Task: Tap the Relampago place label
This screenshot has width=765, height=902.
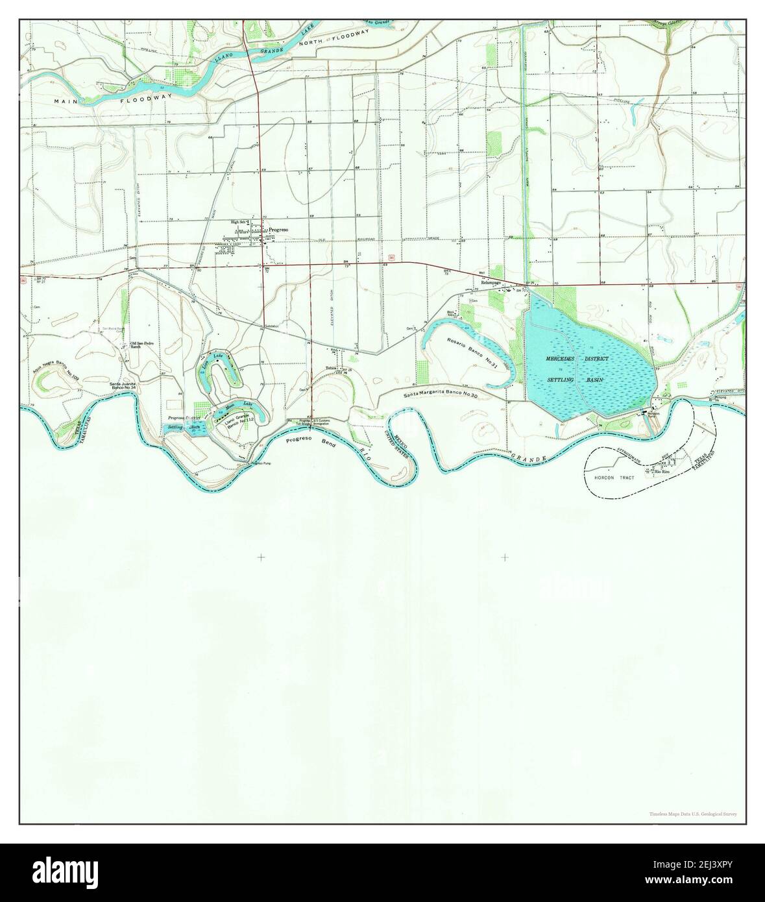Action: pos(492,283)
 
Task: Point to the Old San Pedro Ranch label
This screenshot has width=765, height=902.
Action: pos(143,345)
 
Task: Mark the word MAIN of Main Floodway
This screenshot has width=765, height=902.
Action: pos(66,102)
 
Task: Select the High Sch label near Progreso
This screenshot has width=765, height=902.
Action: pos(239,223)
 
